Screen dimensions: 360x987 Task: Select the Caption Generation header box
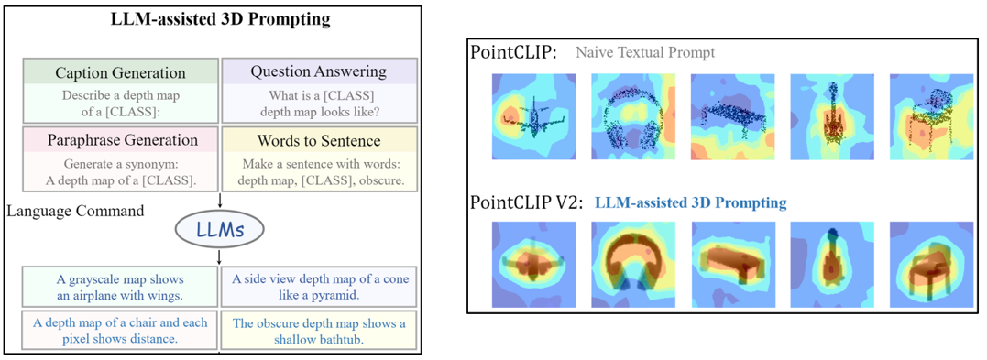[x=120, y=72]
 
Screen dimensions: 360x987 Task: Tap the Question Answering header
[x=318, y=71]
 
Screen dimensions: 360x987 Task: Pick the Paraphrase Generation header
[x=120, y=140]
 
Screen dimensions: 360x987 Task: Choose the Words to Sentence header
[x=318, y=141]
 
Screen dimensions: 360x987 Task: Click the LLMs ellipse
[x=219, y=229]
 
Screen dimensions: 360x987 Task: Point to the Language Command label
[x=75, y=211]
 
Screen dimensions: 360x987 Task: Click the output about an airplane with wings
[x=120, y=286]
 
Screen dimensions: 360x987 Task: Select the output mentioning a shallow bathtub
[x=318, y=331]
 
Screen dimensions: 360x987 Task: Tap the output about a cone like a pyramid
[x=318, y=286]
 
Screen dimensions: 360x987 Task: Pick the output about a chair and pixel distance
[x=120, y=331]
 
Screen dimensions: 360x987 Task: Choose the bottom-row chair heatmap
[x=930, y=263]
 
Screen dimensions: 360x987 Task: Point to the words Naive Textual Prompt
[x=645, y=52]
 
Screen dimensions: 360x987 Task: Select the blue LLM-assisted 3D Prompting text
[x=690, y=202]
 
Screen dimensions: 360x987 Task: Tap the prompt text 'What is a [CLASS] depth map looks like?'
[x=318, y=103]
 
